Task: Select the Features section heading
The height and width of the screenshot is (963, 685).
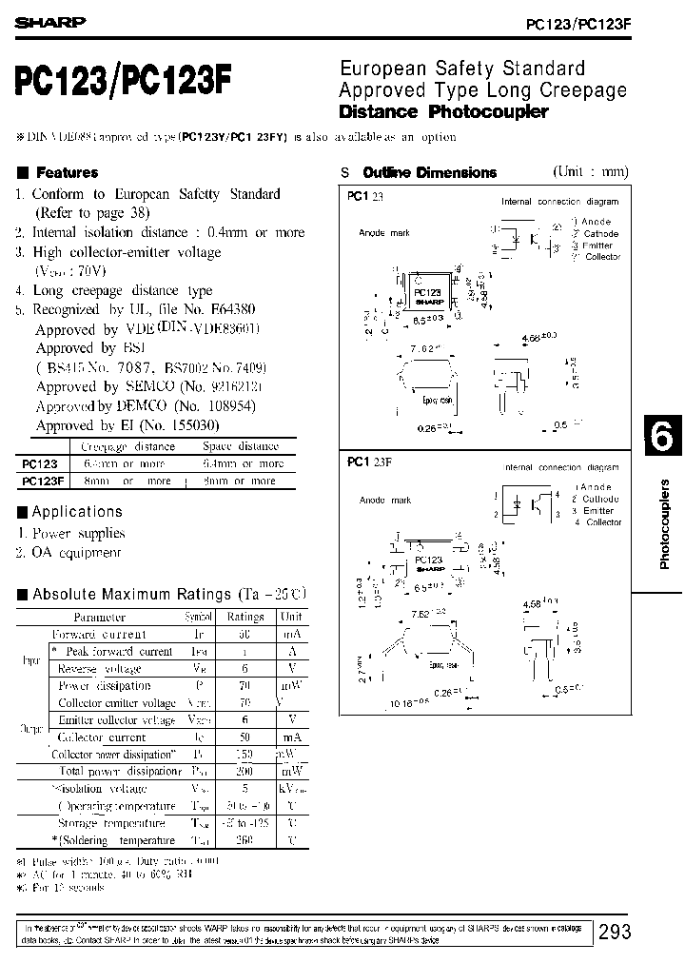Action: point(66,172)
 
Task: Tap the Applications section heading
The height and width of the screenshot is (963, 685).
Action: point(77,512)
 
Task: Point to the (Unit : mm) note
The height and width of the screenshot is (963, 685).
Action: point(591,171)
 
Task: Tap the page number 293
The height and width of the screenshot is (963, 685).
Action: point(615,933)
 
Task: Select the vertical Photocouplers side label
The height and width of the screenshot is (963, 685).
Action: point(665,524)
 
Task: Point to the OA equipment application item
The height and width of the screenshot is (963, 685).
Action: point(77,553)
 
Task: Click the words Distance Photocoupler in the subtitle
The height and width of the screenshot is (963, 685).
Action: point(444,111)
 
